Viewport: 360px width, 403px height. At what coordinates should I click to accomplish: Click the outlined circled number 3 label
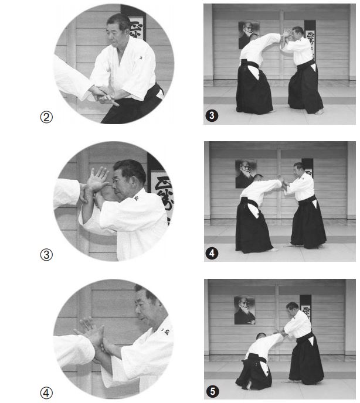(47, 254)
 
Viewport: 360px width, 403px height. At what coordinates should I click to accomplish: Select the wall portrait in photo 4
(245, 173)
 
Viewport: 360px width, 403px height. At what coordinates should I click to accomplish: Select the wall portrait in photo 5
(244, 310)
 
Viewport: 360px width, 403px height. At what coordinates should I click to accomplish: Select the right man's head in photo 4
(299, 169)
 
